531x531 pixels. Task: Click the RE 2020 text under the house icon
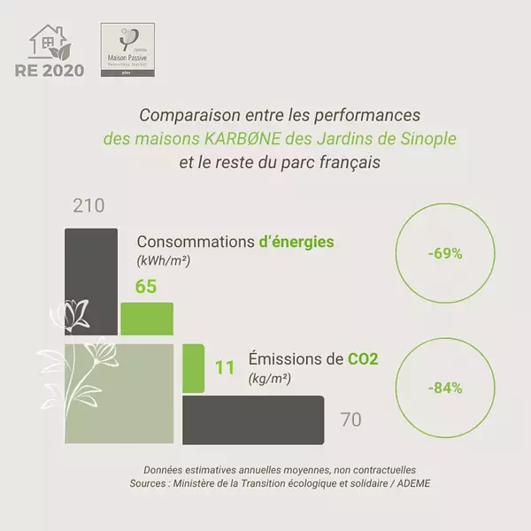tap(58, 70)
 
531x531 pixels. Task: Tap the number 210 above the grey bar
tap(88, 206)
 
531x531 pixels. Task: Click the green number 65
tap(146, 287)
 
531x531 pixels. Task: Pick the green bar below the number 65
tap(146, 318)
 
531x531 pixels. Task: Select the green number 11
tap(226, 365)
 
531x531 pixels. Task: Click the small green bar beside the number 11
tap(193, 364)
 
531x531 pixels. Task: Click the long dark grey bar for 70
tap(254, 419)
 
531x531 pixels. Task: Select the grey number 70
tap(350, 419)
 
